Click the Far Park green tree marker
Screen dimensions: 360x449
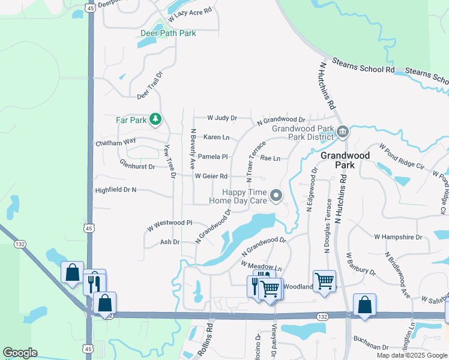pos(155,119)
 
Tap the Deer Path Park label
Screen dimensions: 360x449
pos(167,34)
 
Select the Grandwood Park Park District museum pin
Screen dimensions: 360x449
pos(342,131)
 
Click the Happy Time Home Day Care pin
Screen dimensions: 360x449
pos(276,195)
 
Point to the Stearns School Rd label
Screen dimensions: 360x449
pos(365,69)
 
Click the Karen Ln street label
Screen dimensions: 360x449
pos(217,137)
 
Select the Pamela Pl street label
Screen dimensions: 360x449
pos(213,157)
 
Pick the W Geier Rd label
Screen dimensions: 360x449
pos(211,176)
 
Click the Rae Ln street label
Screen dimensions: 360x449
pos(270,158)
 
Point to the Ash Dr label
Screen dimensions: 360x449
pos(170,242)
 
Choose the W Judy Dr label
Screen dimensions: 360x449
pos(222,118)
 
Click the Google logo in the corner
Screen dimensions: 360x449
pos(20,353)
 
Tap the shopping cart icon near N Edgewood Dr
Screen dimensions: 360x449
pos(324,281)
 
